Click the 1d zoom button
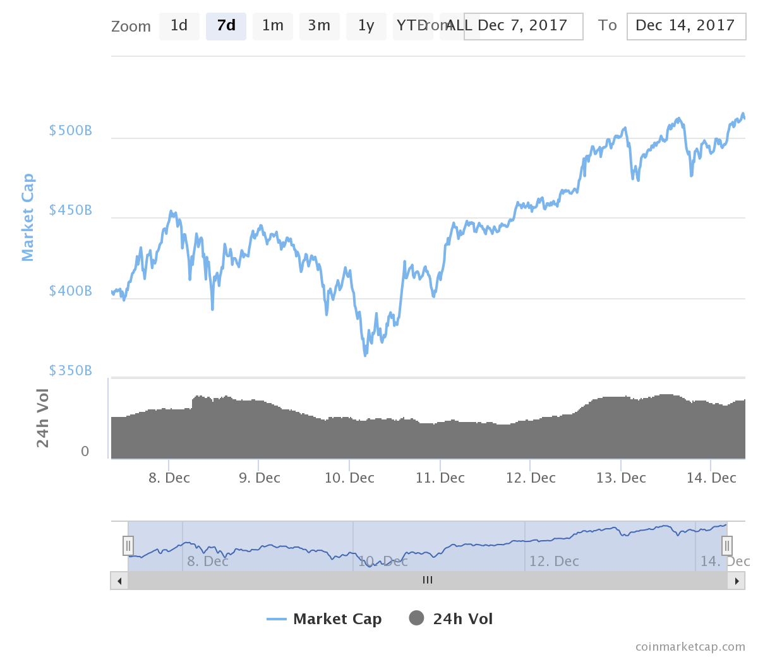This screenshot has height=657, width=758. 179,26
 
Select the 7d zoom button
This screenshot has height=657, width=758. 226,26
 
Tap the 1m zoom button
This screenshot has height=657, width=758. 273,26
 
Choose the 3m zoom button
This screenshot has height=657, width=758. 319,26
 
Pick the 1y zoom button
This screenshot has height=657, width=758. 366,26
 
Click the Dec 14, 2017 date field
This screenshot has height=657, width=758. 686,26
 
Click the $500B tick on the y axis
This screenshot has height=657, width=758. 71,131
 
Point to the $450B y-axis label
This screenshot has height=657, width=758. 71,210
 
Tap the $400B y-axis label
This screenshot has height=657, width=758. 71,291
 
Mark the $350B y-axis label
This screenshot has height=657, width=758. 71,371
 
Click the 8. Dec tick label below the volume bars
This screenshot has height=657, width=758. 169,478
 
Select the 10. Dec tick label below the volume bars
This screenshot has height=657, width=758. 349,478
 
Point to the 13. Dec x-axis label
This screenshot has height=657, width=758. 621,478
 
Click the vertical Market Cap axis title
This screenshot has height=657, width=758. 28,217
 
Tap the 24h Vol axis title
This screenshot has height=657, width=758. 43,418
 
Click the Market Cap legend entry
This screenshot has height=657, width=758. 325,619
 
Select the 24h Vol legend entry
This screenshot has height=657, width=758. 451,619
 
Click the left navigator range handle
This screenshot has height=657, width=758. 128,545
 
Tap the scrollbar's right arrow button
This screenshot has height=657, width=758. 736,581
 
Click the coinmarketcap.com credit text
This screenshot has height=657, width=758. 690,647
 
